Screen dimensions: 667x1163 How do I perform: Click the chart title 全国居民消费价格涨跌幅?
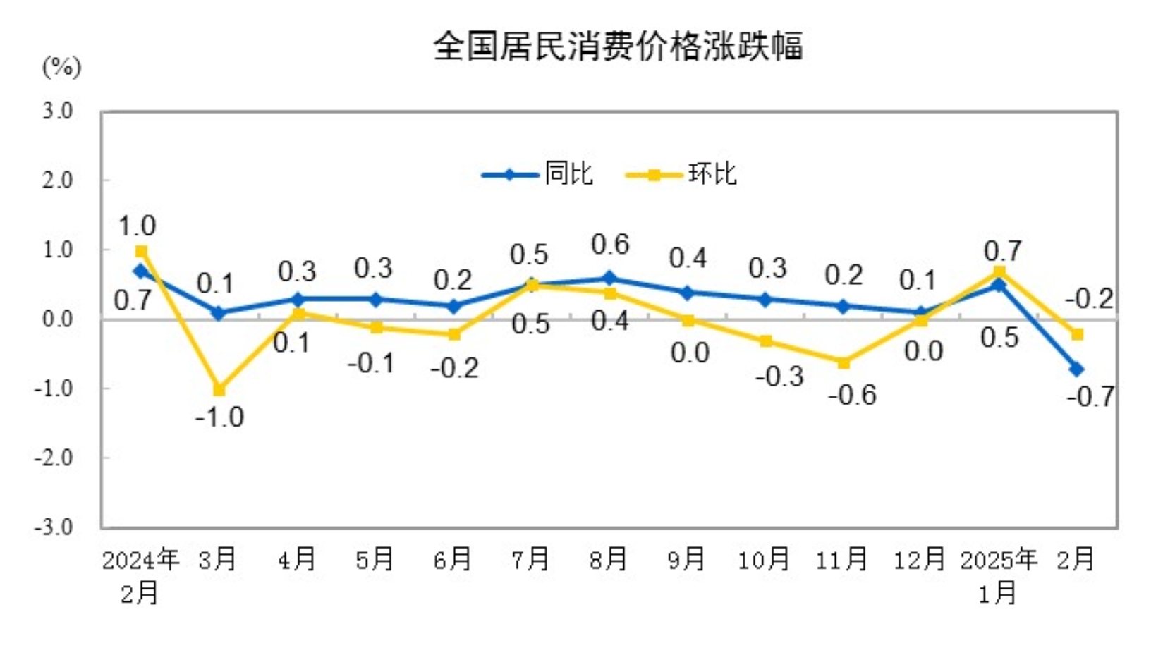(x=618, y=47)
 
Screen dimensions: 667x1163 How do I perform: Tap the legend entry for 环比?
(x=682, y=174)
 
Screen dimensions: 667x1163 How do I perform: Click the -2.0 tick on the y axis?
(x=54, y=458)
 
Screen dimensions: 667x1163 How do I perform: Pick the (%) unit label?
(x=62, y=67)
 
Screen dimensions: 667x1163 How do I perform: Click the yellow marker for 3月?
(x=219, y=390)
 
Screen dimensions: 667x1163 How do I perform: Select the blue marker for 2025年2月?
(x=1077, y=369)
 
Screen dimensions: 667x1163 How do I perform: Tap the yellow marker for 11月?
(x=843, y=362)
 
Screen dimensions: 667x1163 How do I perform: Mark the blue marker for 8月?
(x=609, y=279)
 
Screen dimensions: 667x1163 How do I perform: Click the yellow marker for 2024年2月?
(x=141, y=252)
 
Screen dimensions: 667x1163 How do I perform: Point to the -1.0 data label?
(x=219, y=417)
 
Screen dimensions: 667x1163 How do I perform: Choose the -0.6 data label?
(x=852, y=396)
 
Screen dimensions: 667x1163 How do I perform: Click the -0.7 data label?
(x=1090, y=397)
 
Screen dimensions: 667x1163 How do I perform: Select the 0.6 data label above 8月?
(x=610, y=245)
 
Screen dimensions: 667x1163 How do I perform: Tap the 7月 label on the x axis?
(x=530, y=560)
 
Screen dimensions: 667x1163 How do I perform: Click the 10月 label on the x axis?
(x=764, y=560)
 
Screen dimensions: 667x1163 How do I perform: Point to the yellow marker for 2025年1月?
(x=999, y=272)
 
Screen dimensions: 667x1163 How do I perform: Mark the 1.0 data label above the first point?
(x=137, y=226)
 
